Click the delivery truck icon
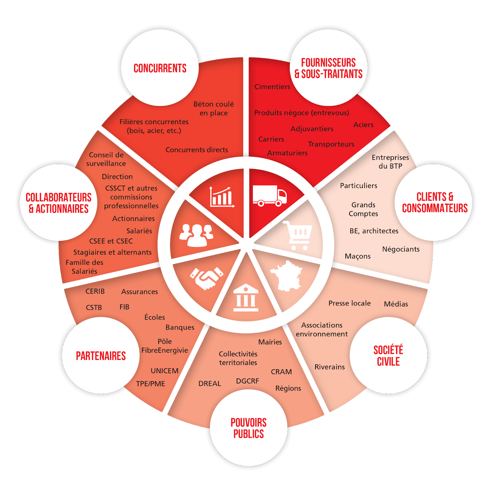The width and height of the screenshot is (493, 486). [x=270, y=195]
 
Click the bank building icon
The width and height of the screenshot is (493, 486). [x=246, y=297]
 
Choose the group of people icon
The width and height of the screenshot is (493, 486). [x=197, y=235]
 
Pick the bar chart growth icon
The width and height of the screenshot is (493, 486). [x=222, y=197]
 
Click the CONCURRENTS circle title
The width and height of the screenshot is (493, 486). [x=160, y=68]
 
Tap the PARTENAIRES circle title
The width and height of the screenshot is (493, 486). [x=101, y=356]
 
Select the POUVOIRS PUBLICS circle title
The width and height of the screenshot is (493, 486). [x=249, y=428]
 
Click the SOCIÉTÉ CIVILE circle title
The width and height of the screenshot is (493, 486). [x=388, y=356]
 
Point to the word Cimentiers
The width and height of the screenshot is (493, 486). [x=272, y=87]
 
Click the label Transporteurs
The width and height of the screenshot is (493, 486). [x=331, y=144]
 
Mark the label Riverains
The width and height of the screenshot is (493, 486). [x=330, y=367]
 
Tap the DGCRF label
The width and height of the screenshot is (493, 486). [x=247, y=381]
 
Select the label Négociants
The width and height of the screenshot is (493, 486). [x=401, y=249]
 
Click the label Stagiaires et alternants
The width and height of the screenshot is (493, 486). [x=112, y=252]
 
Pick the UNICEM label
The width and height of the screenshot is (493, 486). [x=165, y=371]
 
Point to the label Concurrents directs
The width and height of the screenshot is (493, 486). [x=197, y=150]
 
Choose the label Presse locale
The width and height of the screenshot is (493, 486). [x=350, y=303]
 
